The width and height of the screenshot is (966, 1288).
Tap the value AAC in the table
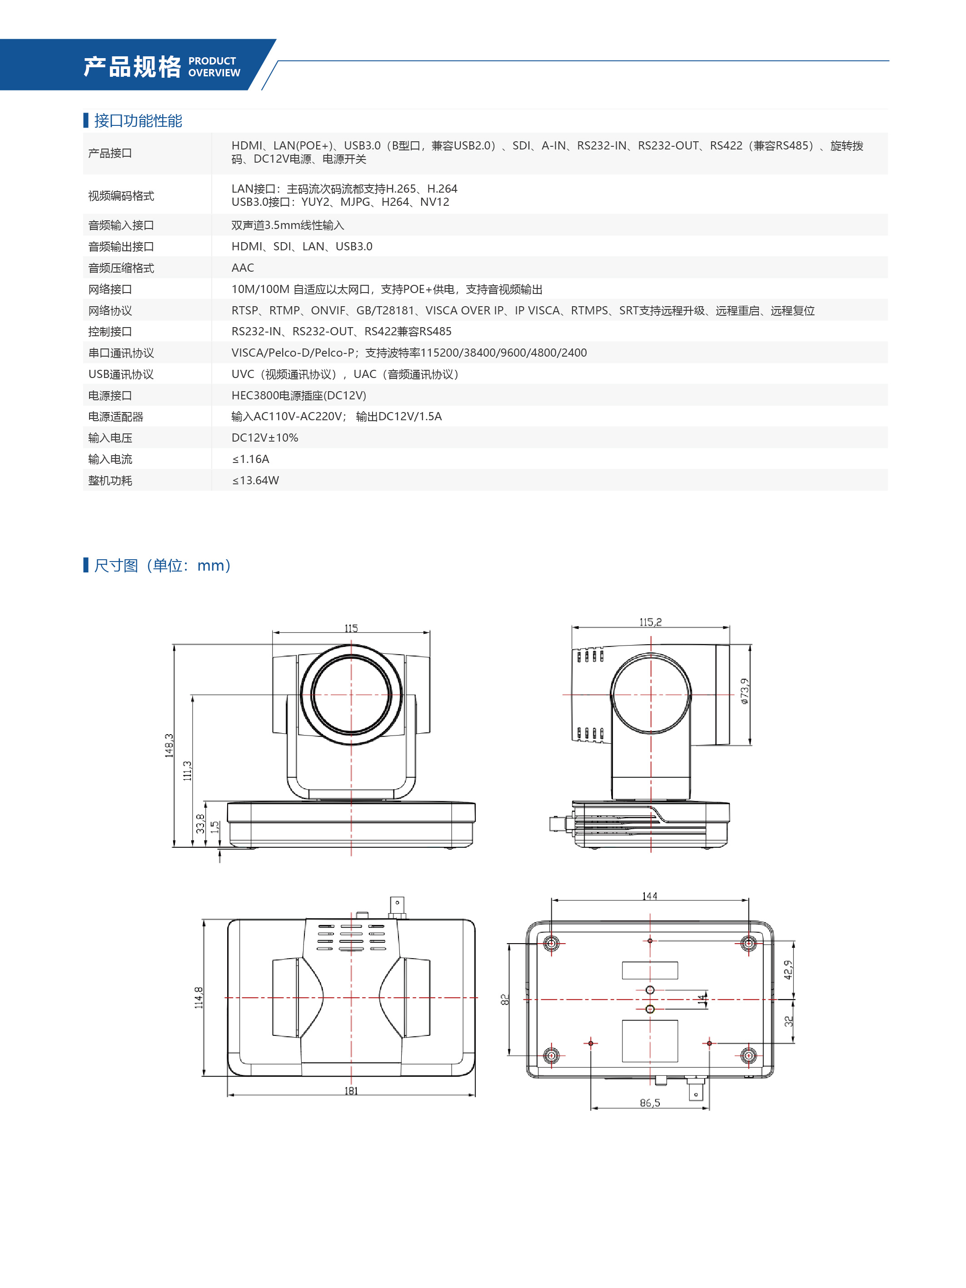coord(242,268)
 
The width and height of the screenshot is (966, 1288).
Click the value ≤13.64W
coord(255,480)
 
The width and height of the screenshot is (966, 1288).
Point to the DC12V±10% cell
coord(264,438)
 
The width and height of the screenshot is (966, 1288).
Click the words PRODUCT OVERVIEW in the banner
coord(214,67)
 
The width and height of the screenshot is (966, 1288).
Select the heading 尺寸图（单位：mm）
coord(163,565)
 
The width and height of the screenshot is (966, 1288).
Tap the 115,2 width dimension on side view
coord(650,622)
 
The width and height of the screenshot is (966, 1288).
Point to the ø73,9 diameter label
coord(744,691)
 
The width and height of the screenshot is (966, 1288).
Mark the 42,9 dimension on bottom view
coord(787,970)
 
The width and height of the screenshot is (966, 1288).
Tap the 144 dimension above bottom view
coord(649,896)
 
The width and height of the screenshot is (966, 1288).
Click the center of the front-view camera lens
coord(351,694)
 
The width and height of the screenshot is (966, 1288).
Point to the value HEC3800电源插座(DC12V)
coord(299,395)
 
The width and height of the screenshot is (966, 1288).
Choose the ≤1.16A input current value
coord(250,459)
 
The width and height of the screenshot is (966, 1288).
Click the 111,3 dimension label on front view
coord(187,771)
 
